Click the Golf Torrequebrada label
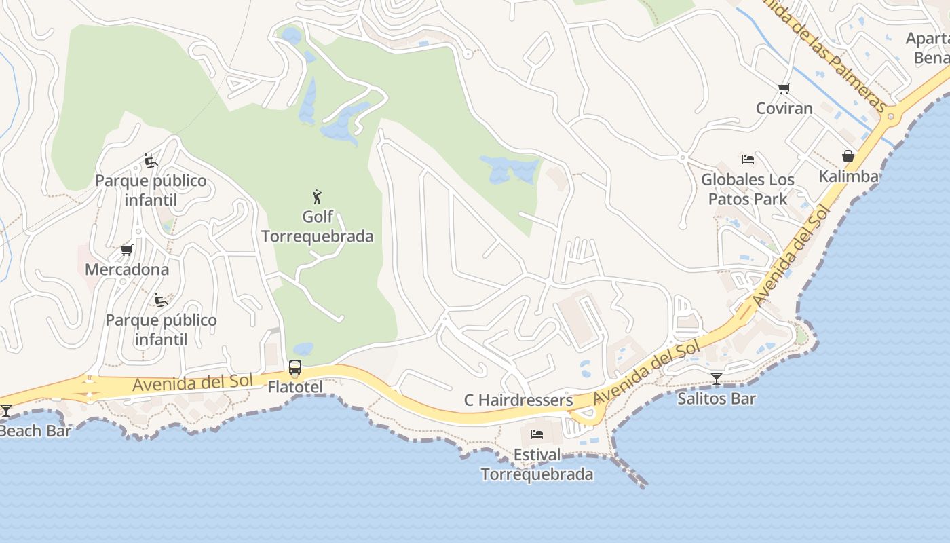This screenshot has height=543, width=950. pos(317,227)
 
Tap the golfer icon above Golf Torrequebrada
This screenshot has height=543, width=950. pos(317,198)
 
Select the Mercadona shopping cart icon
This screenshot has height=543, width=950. pos(126,250)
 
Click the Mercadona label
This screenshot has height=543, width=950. pos(127,269)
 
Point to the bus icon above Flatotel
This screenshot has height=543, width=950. pos(294,367)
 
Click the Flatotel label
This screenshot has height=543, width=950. pos(295,387)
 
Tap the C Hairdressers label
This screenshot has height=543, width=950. pos(518,400)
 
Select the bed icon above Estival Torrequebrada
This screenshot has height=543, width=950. pos(537,434)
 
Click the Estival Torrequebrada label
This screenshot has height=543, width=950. pos(537,464)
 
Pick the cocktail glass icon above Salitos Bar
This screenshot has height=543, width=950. pos(717,379)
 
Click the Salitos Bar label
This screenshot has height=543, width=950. pos(717,398)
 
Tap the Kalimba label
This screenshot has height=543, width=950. pos(848,176)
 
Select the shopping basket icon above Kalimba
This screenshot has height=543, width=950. pos(848,156)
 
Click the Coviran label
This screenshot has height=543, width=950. pos(784,108)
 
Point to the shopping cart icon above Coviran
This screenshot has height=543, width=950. pos(784,88)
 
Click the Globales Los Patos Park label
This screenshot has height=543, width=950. pos(748,189)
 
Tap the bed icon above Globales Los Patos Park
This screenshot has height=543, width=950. pos(748,160)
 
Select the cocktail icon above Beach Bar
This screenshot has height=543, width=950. pos(6,411)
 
